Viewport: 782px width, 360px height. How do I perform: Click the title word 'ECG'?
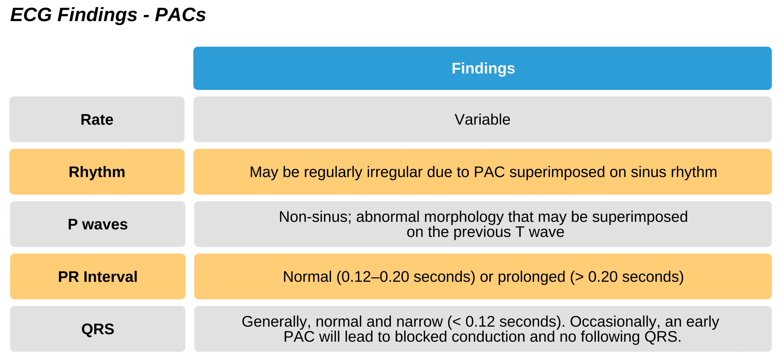[31, 14]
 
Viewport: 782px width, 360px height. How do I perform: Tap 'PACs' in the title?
[180, 14]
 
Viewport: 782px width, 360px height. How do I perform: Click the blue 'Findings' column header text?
[483, 68]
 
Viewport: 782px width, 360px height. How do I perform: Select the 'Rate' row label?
[97, 119]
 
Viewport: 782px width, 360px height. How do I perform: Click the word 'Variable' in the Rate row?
[482, 119]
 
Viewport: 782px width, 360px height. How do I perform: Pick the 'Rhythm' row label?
[97, 172]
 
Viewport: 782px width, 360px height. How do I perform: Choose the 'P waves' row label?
[98, 224]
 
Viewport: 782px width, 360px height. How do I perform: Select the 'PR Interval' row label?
[98, 277]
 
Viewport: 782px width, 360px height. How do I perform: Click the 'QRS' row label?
[98, 329]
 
